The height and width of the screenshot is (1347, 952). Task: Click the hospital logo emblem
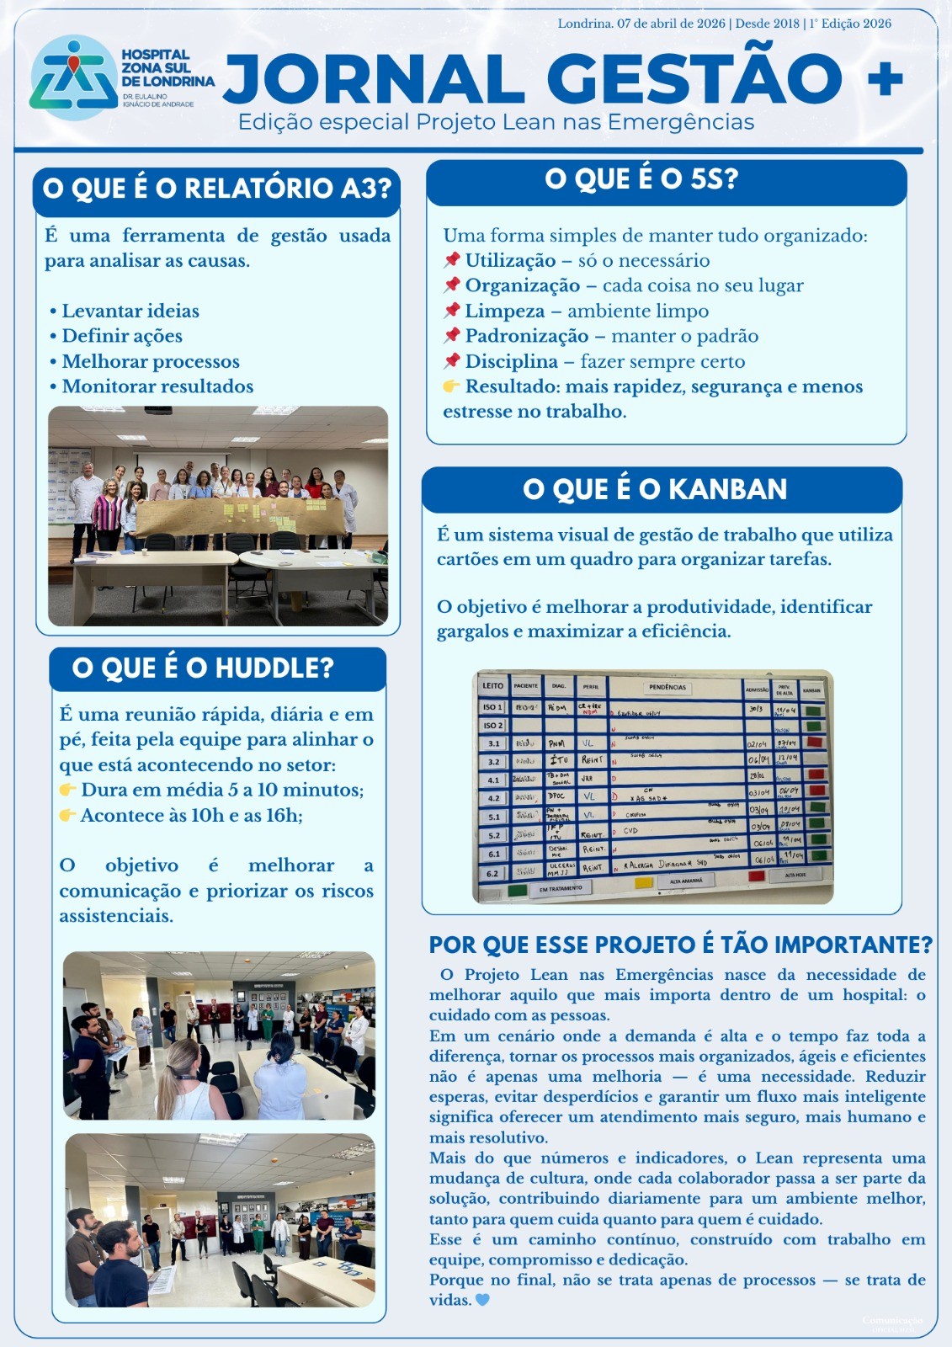click(72, 77)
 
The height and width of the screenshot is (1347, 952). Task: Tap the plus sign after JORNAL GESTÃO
click(885, 79)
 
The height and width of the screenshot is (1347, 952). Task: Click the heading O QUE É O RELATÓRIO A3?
click(217, 188)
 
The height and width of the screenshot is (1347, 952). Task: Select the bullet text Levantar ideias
click(130, 311)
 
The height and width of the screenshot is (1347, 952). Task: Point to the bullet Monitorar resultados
click(157, 386)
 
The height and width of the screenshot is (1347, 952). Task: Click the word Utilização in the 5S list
click(510, 260)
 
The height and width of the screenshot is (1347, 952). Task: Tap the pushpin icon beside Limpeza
click(452, 311)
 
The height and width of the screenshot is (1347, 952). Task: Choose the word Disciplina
click(511, 361)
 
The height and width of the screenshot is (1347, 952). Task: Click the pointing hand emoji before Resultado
click(452, 386)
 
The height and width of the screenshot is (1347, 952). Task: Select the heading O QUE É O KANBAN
click(655, 489)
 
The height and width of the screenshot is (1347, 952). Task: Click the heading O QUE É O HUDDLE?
click(203, 668)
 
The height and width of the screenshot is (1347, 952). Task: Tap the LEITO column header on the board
click(493, 686)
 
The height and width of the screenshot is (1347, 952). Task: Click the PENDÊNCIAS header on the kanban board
click(667, 688)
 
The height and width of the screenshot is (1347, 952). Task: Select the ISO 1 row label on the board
click(493, 707)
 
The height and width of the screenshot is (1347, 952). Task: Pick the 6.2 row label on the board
click(493, 874)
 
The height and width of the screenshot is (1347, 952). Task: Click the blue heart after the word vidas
click(482, 1300)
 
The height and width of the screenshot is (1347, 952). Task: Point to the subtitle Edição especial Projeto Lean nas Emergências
click(496, 122)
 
